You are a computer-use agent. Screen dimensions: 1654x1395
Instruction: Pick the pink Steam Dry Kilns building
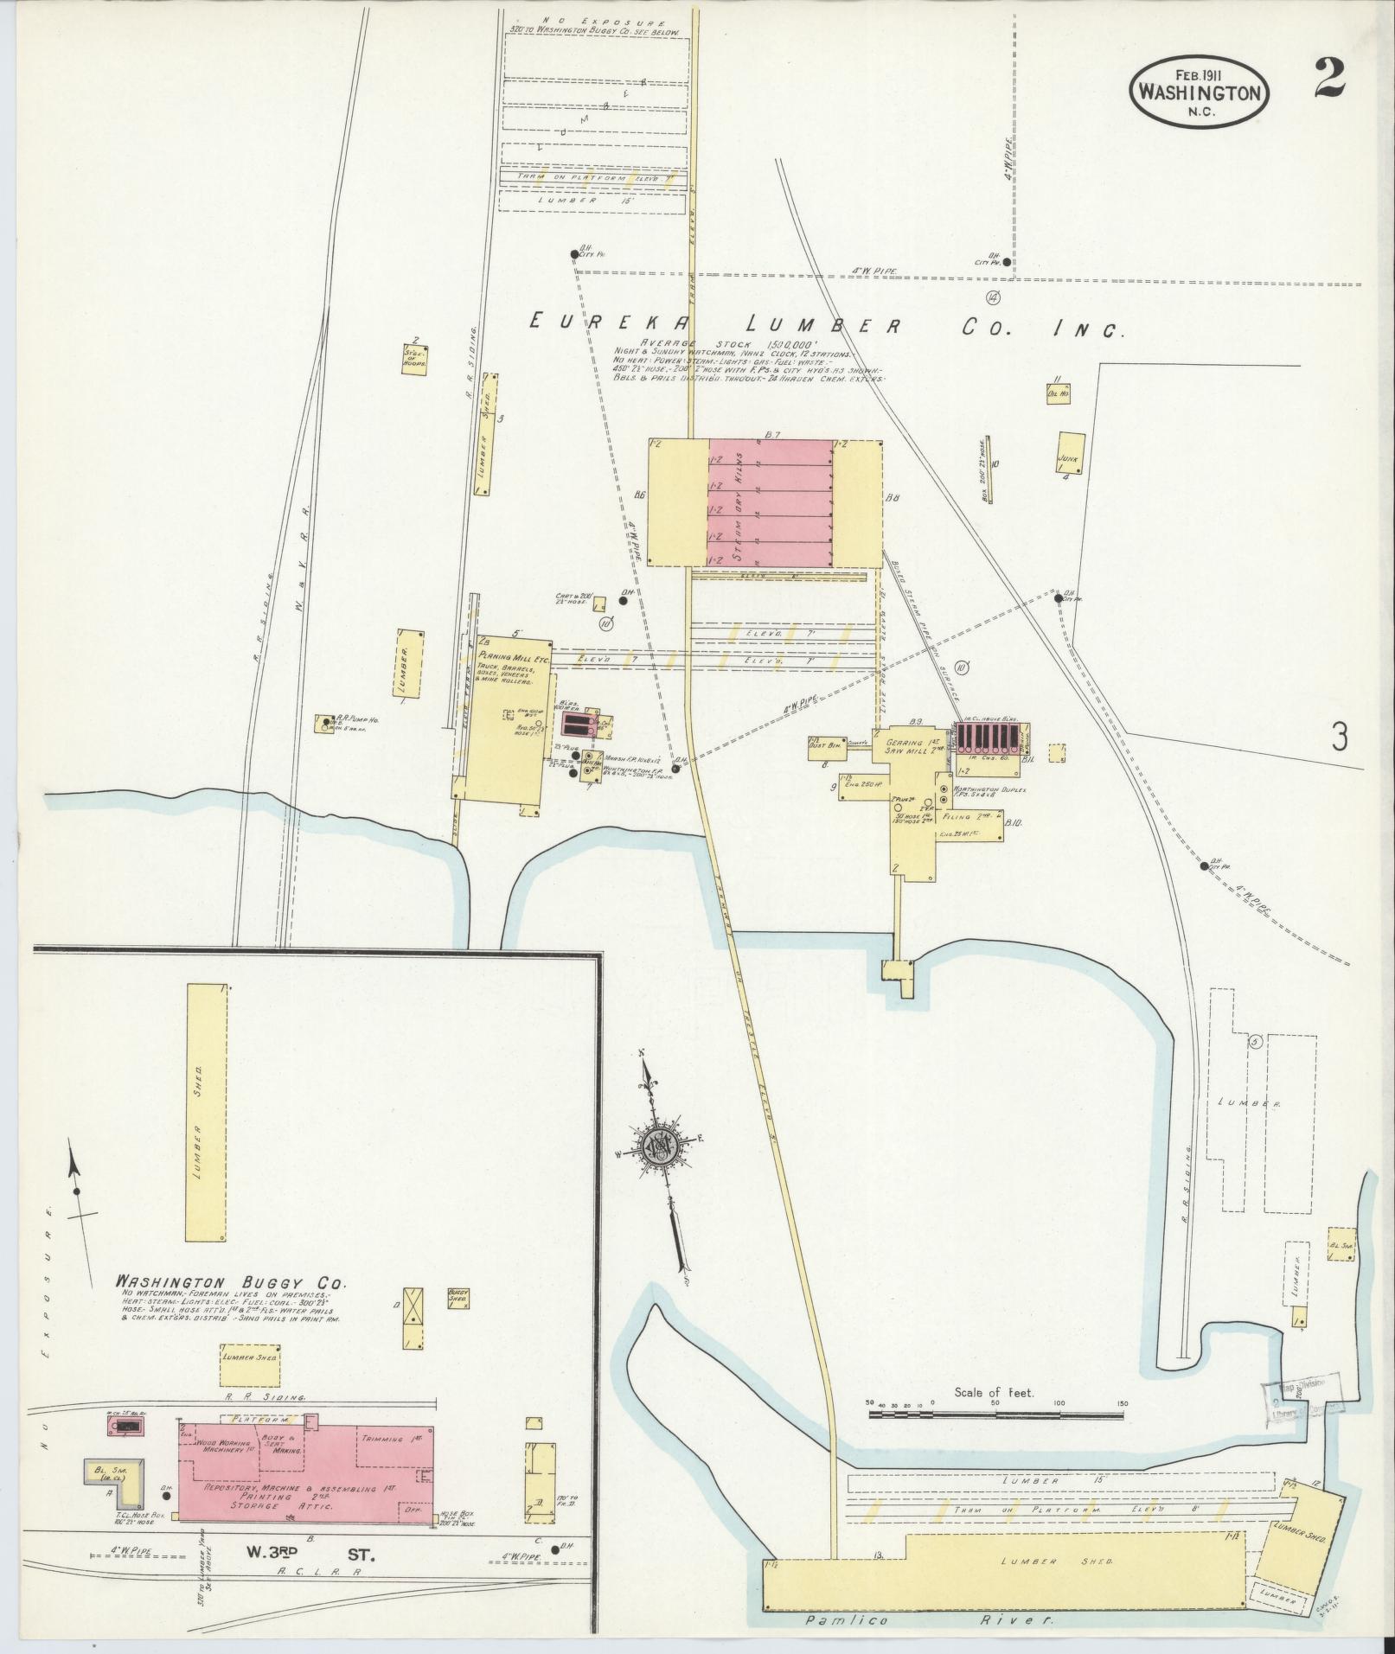coord(770,501)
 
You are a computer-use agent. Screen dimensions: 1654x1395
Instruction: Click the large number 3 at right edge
coord(1340,737)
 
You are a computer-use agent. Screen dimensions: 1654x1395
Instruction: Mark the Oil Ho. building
coord(1058,393)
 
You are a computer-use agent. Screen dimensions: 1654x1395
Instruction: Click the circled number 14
coord(992,298)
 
